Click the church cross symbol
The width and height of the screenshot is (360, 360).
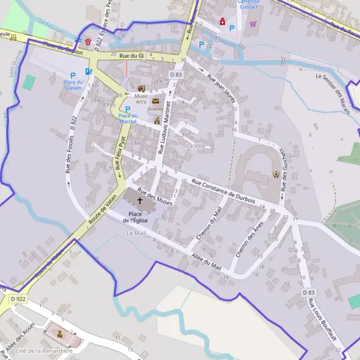tap(140, 200)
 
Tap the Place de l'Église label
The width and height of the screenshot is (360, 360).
tap(136, 217)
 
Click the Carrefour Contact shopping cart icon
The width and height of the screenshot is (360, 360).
tap(253, 25)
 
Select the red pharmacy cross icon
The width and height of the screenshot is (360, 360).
tap(222, 21)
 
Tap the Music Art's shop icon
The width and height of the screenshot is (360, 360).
tap(142, 88)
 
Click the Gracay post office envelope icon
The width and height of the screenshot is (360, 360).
tap(155, 101)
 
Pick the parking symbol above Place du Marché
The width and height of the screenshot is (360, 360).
tap(127, 109)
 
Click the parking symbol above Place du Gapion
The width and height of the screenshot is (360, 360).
tap(73, 76)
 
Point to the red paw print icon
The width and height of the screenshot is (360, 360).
tap(89, 42)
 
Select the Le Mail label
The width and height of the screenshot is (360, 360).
tap(136, 233)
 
